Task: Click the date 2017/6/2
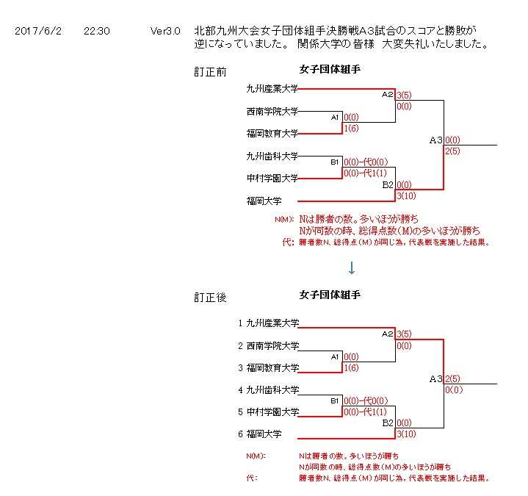[x=38, y=32]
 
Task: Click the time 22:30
[x=97, y=32]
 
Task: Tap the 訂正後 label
[x=210, y=298]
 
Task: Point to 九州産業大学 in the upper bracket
[x=272, y=89]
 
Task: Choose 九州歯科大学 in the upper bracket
[x=272, y=156]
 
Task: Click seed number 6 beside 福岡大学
[x=240, y=434]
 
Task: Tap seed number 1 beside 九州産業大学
[x=240, y=323]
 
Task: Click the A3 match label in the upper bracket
[x=436, y=140]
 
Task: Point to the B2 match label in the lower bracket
[x=388, y=424]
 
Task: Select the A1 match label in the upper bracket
[x=335, y=117]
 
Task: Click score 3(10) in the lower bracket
[x=408, y=434]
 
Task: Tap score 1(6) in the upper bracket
[x=351, y=129]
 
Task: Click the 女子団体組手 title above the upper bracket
[x=330, y=70]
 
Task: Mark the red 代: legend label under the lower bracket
[x=252, y=478]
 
